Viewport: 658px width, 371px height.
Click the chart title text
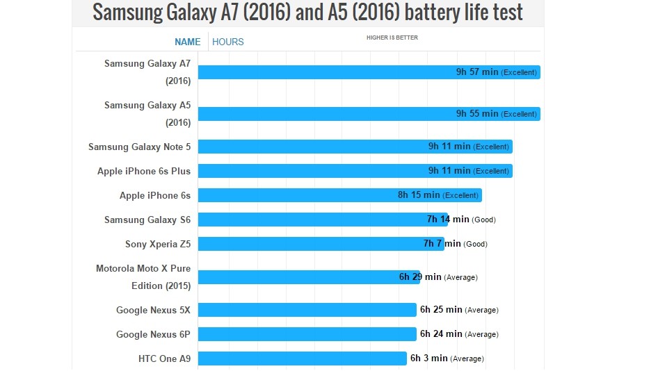(307, 13)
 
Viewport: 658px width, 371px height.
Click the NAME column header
(187, 42)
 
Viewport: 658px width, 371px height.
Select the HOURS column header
(228, 42)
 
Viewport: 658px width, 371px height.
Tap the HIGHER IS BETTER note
(392, 38)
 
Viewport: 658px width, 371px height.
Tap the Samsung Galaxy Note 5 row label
(139, 147)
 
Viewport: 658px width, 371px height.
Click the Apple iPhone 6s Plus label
(144, 171)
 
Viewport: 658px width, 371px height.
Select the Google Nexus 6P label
(153, 334)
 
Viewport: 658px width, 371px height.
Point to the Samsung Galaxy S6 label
(147, 220)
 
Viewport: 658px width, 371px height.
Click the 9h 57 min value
(477, 72)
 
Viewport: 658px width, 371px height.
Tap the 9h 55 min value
(477, 114)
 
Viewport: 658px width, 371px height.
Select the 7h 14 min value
(448, 220)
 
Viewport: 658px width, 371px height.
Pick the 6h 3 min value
(428, 358)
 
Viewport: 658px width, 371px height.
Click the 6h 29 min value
(420, 277)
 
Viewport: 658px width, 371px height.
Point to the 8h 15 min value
(419, 195)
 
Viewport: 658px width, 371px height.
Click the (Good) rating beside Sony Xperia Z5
(476, 245)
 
